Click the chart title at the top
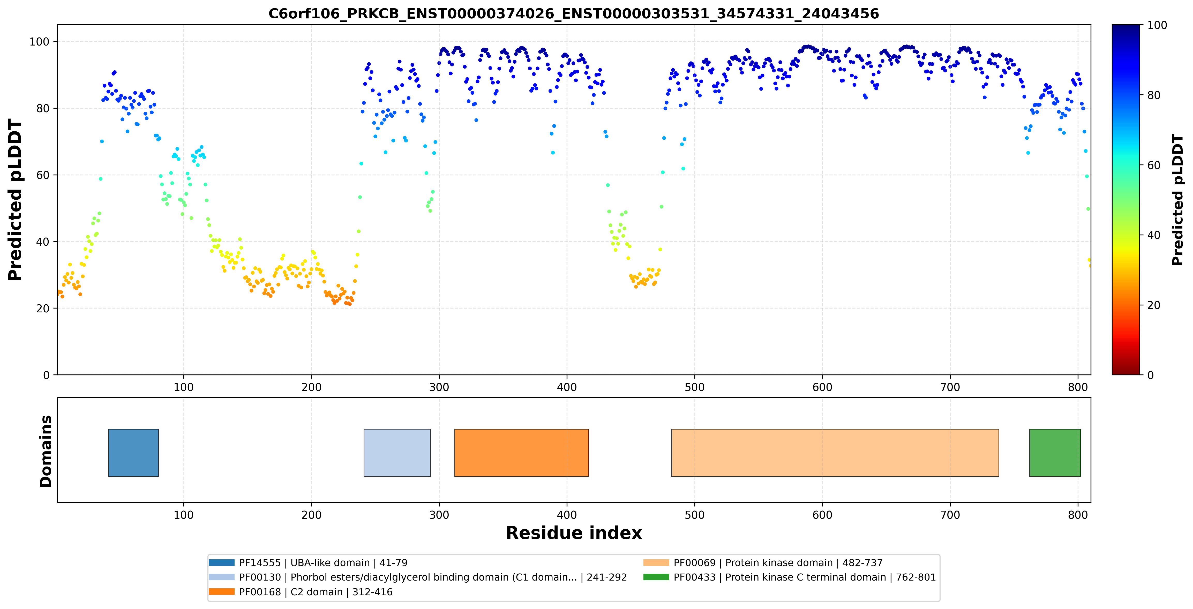[573, 13]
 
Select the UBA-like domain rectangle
[133, 453]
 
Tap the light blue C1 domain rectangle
[397, 453]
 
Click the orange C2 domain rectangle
[521, 453]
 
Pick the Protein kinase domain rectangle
[835, 453]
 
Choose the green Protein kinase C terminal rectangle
[1055, 453]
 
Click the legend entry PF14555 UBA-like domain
[308, 563]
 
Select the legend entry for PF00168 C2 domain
[301, 592]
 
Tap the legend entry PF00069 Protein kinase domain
[763, 563]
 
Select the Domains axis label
[46, 451]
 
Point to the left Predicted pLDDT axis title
[15, 200]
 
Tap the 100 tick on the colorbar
[1157, 25]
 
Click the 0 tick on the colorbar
[1150, 375]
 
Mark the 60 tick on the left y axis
[43, 175]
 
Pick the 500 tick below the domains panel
[695, 515]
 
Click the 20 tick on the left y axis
[43, 309]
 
